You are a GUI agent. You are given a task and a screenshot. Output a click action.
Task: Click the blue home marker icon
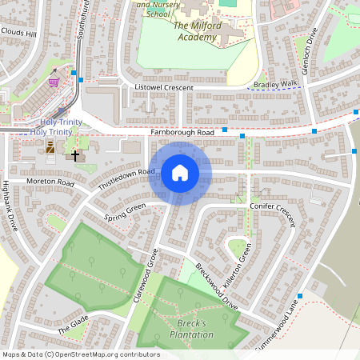click(179, 172)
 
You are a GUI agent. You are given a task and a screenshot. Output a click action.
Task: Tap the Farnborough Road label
click(182, 132)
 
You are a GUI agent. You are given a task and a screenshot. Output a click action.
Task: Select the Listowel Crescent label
click(165, 86)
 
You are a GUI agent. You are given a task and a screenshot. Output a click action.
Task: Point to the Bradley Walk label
click(274, 83)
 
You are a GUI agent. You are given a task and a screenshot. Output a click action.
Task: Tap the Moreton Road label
click(50, 183)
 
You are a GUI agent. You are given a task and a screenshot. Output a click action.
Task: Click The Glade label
click(73, 322)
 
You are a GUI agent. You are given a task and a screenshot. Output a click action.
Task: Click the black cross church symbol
click(76, 155)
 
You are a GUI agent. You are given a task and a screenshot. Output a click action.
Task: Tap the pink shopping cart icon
click(54, 82)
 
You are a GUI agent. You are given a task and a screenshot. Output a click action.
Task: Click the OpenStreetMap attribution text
click(80, 354)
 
